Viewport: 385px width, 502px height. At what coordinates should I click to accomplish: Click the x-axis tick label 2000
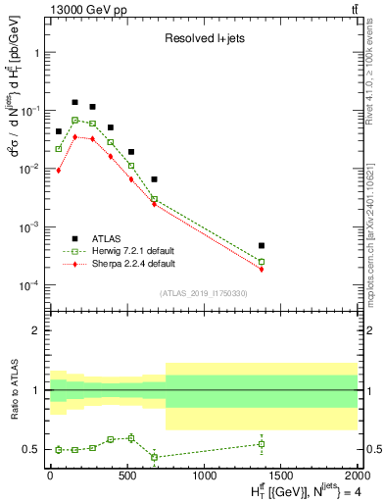tap(358, 476)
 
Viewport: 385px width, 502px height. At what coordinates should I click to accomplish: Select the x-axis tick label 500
tap(126, 476)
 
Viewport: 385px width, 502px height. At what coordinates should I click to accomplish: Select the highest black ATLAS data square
tap(74, 102)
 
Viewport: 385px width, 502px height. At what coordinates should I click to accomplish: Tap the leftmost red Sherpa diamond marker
tap(59, 171)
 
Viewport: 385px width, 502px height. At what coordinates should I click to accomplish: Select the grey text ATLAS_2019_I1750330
tap(203, 293)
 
